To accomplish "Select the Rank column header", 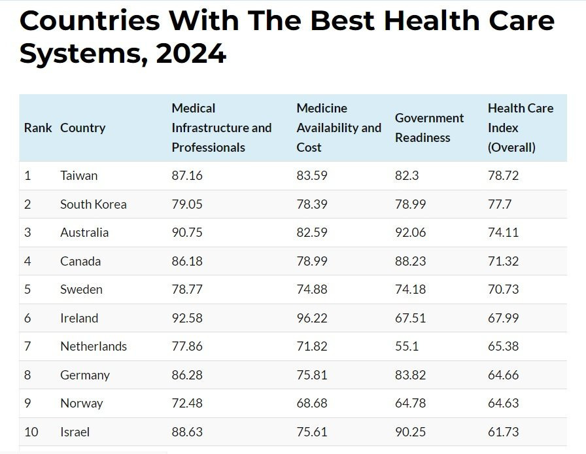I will click(x=38, y=128).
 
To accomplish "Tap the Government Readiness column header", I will click(x=429, y=128).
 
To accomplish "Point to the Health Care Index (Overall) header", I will click(x=521, y=128).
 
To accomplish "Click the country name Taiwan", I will click(x=78, y=175).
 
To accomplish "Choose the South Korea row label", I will click(x=93, y=204).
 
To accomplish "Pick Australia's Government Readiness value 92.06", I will click(x=410, y=232).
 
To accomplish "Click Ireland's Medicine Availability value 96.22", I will click(x=312, y=318).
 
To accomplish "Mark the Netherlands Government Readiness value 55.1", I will click(x=407, y=346).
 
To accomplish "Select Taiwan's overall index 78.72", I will click(x=503, y=175).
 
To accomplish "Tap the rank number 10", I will click(x=31, y=432).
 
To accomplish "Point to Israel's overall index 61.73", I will click(x=503, y=432).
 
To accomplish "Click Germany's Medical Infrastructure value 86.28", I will click(x=187, y=375).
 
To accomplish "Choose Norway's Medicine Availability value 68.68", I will click(x=312, y=403).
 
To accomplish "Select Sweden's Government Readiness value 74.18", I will click(x=410, y=289).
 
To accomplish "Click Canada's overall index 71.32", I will click(x=503, y=261).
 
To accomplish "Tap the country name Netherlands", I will click(x=94, y=346).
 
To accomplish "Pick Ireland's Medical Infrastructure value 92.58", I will click(x=187, y=318).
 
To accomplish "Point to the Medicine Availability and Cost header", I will click(x=339, y=128).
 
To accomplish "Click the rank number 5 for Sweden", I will click(x=27, y=289).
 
